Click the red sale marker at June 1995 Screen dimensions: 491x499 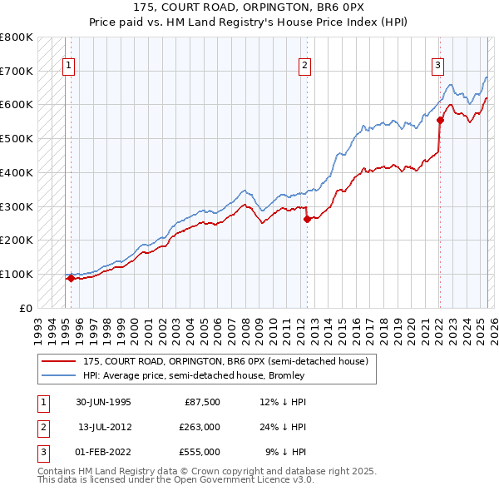72,279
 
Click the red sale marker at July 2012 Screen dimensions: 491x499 307,219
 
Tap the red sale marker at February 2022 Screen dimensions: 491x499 440,120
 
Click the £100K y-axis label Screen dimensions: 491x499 16,274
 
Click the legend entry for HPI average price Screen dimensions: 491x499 194,375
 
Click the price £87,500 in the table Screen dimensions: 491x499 200,402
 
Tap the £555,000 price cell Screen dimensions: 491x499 200,452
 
